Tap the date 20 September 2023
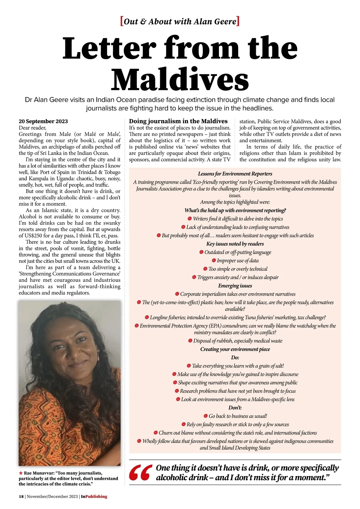point(43,121)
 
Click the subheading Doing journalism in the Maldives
point(178,121)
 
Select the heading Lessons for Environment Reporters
point(235,174)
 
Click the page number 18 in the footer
point(21,496)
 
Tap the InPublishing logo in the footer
point(94,496)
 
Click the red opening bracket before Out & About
point(121,22)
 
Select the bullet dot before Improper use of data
point(214,261)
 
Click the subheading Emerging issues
point(235,286)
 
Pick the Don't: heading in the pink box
point(235,408)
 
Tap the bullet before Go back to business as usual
point(205,416)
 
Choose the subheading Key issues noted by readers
point(235,244)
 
